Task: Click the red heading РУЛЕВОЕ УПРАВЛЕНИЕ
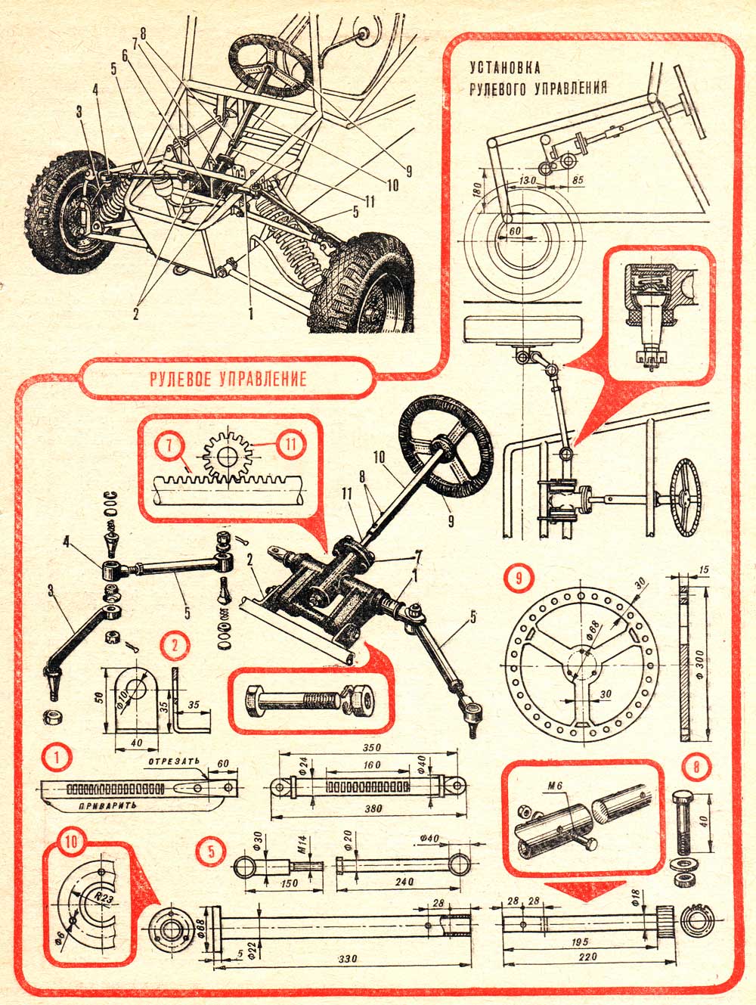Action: tap(227, 378)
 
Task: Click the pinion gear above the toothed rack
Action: tap(225, 456)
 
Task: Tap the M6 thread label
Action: tap(557, 793)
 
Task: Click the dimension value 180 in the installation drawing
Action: tap(472, 190)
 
